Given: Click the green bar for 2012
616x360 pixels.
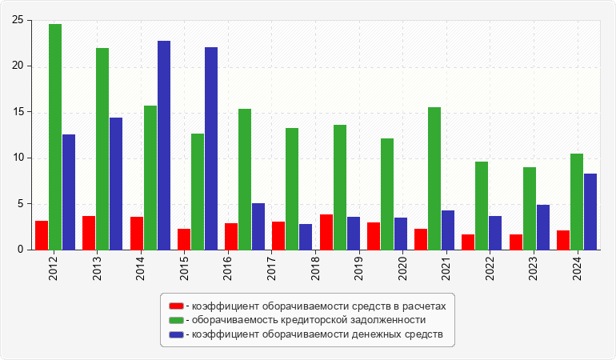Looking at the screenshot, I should click(55, 137).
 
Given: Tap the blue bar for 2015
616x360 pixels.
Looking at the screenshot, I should click(211, 149).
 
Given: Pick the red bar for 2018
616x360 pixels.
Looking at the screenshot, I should click(326, 232).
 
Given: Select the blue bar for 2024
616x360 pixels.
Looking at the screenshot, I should click(590, 212).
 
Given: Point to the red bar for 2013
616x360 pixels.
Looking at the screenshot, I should click(89, 233).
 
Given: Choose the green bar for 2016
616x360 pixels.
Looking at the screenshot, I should click(245, 179).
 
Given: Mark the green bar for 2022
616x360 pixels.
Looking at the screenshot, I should click(482, 206).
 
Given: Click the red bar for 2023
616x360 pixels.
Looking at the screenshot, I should click(516, 242).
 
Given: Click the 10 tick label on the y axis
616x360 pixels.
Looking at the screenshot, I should click(17, 158).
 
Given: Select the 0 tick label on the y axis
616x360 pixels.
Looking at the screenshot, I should click(20, 250).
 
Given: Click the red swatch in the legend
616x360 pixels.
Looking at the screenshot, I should click(176, 306).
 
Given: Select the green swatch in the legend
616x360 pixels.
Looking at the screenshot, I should click(176, 320).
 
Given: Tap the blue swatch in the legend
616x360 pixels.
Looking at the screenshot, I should click(176, 334).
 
